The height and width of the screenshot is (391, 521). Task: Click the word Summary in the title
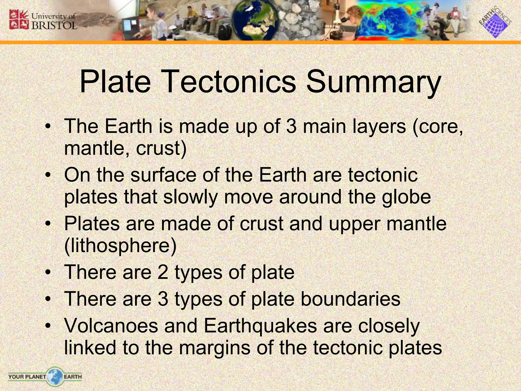point(373,82)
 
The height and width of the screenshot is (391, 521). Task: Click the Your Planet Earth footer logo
point(45,376)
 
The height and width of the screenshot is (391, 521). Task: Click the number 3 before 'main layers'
point(291,126)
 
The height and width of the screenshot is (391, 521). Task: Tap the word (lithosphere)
point(120,246)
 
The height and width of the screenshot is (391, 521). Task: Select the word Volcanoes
point(111,326)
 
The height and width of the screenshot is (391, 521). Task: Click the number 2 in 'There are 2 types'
point(163,272)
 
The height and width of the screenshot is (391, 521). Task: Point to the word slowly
point(191,198)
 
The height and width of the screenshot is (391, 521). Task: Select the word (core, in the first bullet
point(438,127)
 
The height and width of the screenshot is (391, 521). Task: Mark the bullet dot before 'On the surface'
point(48,175)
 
